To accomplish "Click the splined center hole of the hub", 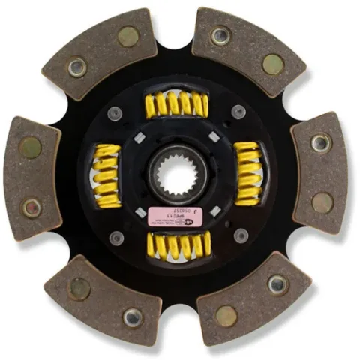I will click(x=178, y=175).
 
